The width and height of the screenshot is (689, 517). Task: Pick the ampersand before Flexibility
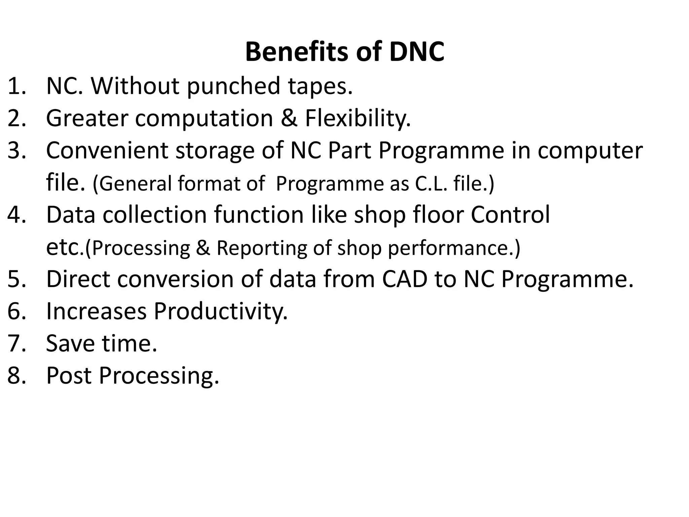[x=289, y=118]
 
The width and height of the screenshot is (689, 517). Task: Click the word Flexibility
[x=358, y=118]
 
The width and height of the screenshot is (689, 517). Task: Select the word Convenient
[x=107, y=150]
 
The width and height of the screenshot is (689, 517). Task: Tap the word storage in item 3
[x=215, y=151]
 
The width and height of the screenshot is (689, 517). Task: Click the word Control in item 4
[x=510, y=215]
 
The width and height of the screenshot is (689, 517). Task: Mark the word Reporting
[x=262, y=248]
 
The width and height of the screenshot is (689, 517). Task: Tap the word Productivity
[x=221, y=311]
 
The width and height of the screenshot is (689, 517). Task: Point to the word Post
[x=69, y=375]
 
